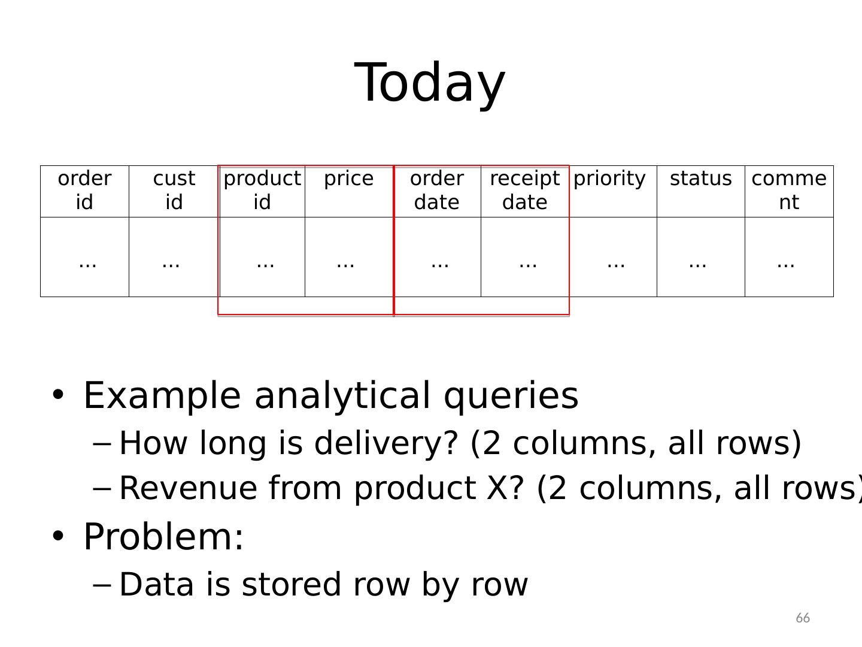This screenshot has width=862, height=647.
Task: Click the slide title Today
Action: coord(430,83)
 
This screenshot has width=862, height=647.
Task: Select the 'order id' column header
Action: coord(84,191)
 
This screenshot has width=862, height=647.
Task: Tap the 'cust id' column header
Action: coord(174,191)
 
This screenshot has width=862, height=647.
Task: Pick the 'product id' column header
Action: coord(262,191)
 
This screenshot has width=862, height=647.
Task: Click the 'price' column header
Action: coord(348,179)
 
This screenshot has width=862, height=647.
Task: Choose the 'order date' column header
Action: coord(437,191)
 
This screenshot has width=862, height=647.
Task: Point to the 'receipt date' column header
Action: coord(525,191)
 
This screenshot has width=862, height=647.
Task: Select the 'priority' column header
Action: coord(609,179)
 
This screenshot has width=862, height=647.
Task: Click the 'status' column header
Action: coord(700,179)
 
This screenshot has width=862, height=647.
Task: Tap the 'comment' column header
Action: coord(789,191)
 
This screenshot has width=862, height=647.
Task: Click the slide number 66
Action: coord(803,618)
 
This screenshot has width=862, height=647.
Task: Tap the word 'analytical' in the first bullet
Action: coord(342,395)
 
